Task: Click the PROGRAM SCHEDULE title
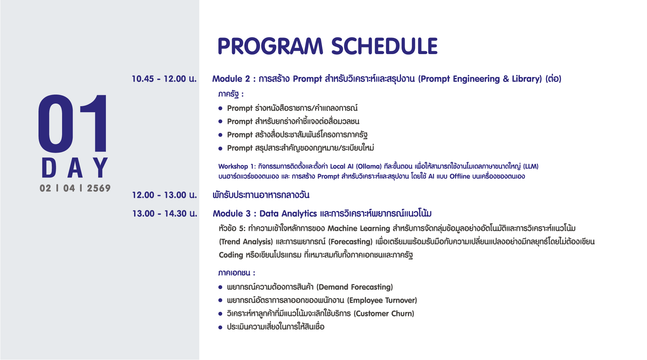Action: (328, 46)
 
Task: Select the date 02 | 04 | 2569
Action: (75, 188)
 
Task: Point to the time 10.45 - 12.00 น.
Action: (164, 79)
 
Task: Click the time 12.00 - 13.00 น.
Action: (164, 195)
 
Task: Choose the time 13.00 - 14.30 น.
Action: (165, 214)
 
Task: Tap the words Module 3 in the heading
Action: (232, 214)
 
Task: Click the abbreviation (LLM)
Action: (531, 166)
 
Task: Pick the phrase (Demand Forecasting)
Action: (355, 287)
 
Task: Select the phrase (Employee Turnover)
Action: (382, 300)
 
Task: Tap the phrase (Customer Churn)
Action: (384, 314)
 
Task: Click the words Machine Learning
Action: (359, 229)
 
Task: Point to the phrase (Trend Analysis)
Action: (246, 242)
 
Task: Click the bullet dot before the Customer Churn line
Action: (220, 314)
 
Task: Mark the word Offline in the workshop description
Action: (460, 177)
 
